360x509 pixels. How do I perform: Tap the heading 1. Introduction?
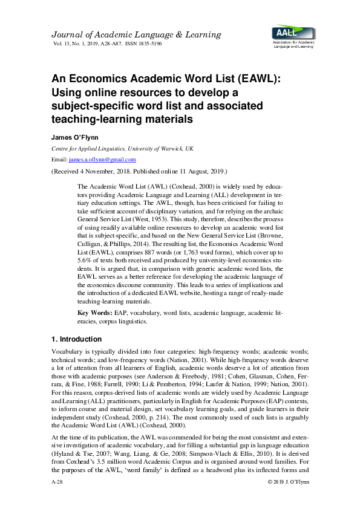click(x=77, y=339)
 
